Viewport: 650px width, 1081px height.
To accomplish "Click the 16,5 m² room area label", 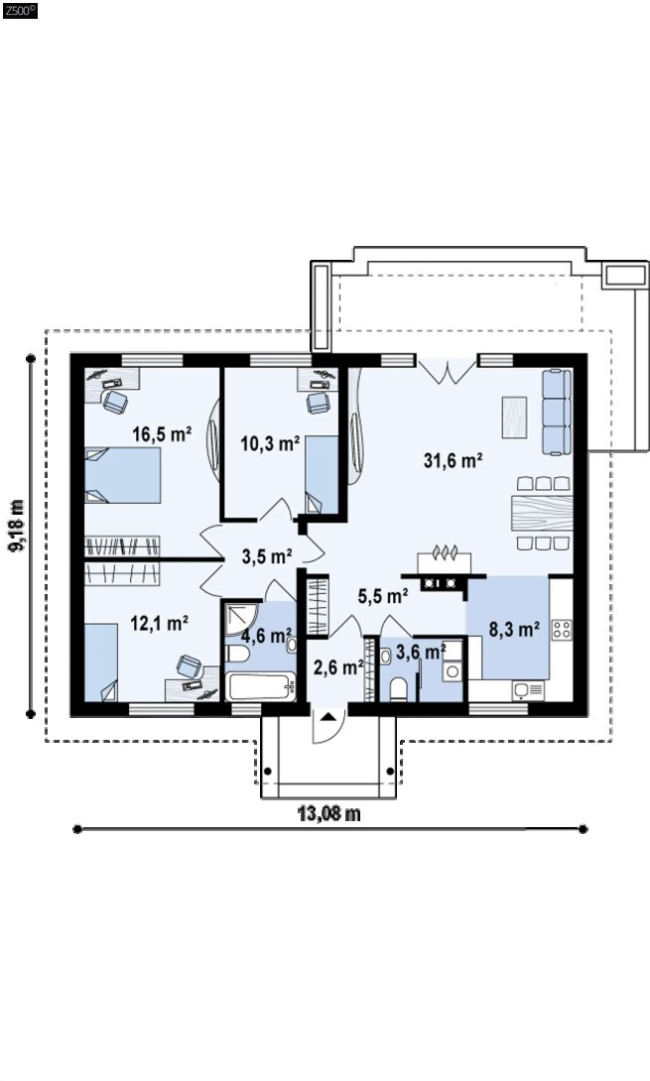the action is coord(162,434).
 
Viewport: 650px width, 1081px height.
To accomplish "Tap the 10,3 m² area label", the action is coord(269,442).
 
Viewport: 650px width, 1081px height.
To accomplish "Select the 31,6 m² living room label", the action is coord(453,460).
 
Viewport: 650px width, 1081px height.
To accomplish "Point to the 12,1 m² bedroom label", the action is coord(160,623).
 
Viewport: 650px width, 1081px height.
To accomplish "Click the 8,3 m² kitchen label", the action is coord(514,629).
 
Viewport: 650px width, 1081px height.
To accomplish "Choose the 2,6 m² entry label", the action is coord(338,666).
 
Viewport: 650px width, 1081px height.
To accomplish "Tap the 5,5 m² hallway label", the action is coord(383,595).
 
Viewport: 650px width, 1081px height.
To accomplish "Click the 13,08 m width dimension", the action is coord(329,813).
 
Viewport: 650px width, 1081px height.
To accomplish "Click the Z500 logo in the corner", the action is coord(20,10).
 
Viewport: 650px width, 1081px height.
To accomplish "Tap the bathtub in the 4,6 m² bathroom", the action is coord(262,686).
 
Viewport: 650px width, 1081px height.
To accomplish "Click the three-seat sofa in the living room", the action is coord(557,413).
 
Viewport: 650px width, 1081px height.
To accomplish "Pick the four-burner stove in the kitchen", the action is coord(562,630).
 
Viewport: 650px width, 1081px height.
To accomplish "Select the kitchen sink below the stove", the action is coord(529,690).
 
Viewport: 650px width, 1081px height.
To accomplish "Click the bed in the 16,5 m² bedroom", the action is coord(123,475).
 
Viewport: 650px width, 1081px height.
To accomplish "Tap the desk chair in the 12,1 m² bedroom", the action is coord(190,666).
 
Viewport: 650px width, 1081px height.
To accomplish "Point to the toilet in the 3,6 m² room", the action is coord(398,688).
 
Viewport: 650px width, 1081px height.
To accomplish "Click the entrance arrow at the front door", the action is coord(329,716).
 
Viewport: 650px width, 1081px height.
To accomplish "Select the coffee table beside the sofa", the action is coord(514,418).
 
